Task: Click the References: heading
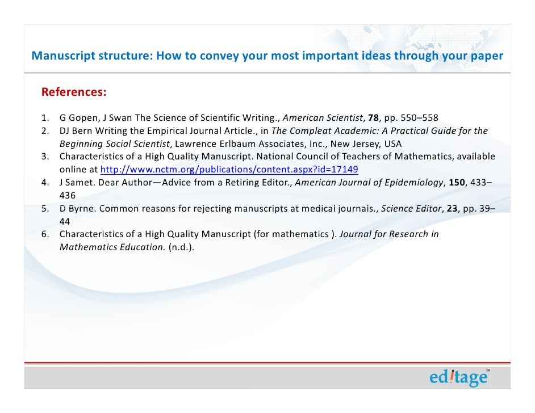click(x=74, y=92)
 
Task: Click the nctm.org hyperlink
click(x=229, y=169)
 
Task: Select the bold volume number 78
click(x=373, y=118)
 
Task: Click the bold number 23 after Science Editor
click(x=452, y=208)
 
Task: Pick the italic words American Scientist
click(x=323, y=118)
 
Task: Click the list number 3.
click(x=44, y=156)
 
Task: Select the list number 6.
click(x=44, y=234)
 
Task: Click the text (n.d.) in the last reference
click(x=182, y=247)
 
